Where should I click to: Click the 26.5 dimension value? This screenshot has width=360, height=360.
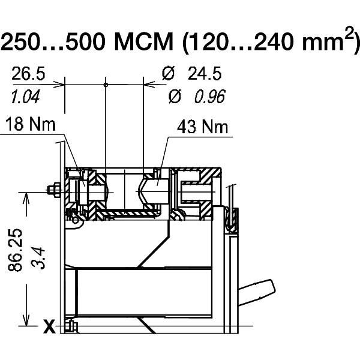[28, 74]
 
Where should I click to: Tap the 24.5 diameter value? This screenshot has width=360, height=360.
[204, 74]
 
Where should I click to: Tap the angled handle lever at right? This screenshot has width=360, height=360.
[257, 292]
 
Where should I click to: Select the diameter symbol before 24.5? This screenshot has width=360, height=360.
[169, 74]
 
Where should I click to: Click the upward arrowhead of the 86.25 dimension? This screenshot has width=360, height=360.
[25, 198]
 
